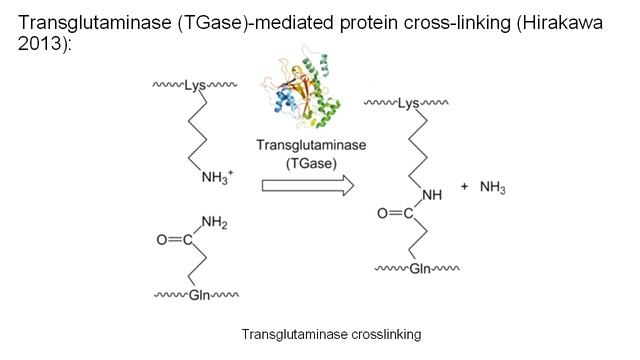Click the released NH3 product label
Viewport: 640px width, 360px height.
(492, 187)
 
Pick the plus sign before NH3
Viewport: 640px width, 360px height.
(464, 187)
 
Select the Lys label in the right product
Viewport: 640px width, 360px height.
(409, 102)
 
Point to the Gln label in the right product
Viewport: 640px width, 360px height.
(409, 270)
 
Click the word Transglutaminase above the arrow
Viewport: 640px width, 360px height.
(311, 144)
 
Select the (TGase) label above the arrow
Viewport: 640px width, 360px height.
(311, 160)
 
